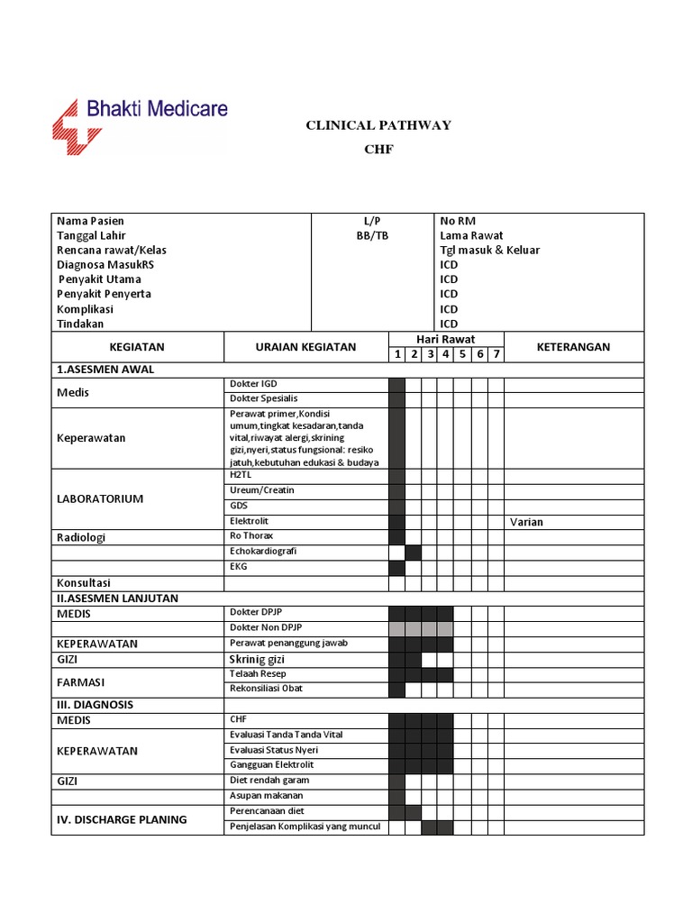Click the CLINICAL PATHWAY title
click(378, 125)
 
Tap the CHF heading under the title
click(378, 150)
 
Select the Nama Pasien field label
click(91, 221)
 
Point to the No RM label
click(458, 221)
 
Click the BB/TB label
click(372, 235)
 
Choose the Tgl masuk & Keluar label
click(489, 250)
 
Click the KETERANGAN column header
click(573, 347)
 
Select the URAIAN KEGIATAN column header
click(305, 347)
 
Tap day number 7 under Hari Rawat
click(495, 354)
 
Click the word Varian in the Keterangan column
click(526, 522)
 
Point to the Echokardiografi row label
click(263, 552)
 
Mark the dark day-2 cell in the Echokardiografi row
click(413, 553)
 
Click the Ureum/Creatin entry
click(262, 490)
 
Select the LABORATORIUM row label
click(100, 498)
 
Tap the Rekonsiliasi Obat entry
click(267, 689)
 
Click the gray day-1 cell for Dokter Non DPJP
click(396, 628)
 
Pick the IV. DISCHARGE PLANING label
click(122, 819)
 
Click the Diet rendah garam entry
click(269, 781)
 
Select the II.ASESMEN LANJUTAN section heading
click(117, 598)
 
